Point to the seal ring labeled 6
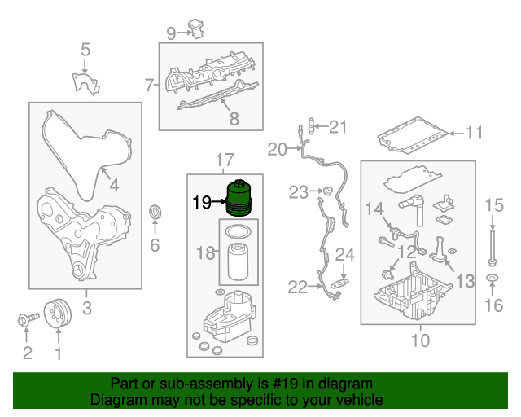[155, 213]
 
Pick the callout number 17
[224, 159]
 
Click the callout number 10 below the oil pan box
[419, 340]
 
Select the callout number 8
[234, 119]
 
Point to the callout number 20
[278, 149]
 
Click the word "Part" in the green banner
[125, 383]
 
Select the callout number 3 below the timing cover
[86, 308]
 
